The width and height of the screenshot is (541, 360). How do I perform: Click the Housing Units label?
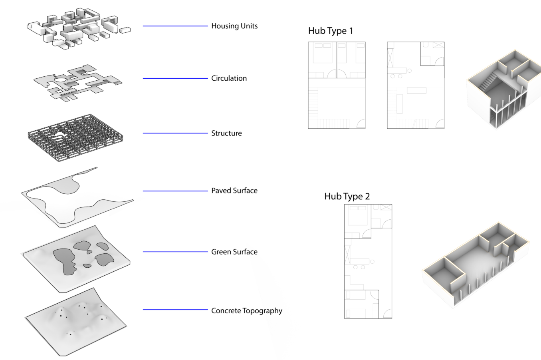click(x=234, y=26)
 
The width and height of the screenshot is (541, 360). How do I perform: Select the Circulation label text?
click(x=229, y=78)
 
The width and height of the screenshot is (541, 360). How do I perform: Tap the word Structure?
click(x=226, y=133)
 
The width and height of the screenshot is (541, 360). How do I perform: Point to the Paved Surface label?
click(x=234, y=191)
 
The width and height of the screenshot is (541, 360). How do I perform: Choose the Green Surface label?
click(x=234, y=252)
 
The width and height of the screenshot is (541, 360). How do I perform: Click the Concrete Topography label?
click(x=246, y=310)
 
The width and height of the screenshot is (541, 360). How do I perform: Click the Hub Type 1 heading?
click(x=330, y=31)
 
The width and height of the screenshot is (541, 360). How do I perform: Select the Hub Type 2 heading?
click(x=347, y=196)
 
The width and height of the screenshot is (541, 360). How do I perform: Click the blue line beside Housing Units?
click(x=175, y=26)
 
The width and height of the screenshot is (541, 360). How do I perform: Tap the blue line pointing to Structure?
click(x=175, y=133)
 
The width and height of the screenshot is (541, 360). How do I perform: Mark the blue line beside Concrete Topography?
click(x=175, y=310)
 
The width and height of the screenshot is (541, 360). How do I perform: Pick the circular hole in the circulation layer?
click(x=61, y=80)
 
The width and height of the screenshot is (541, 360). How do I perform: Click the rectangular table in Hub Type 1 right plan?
click(x=416, y=91)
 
